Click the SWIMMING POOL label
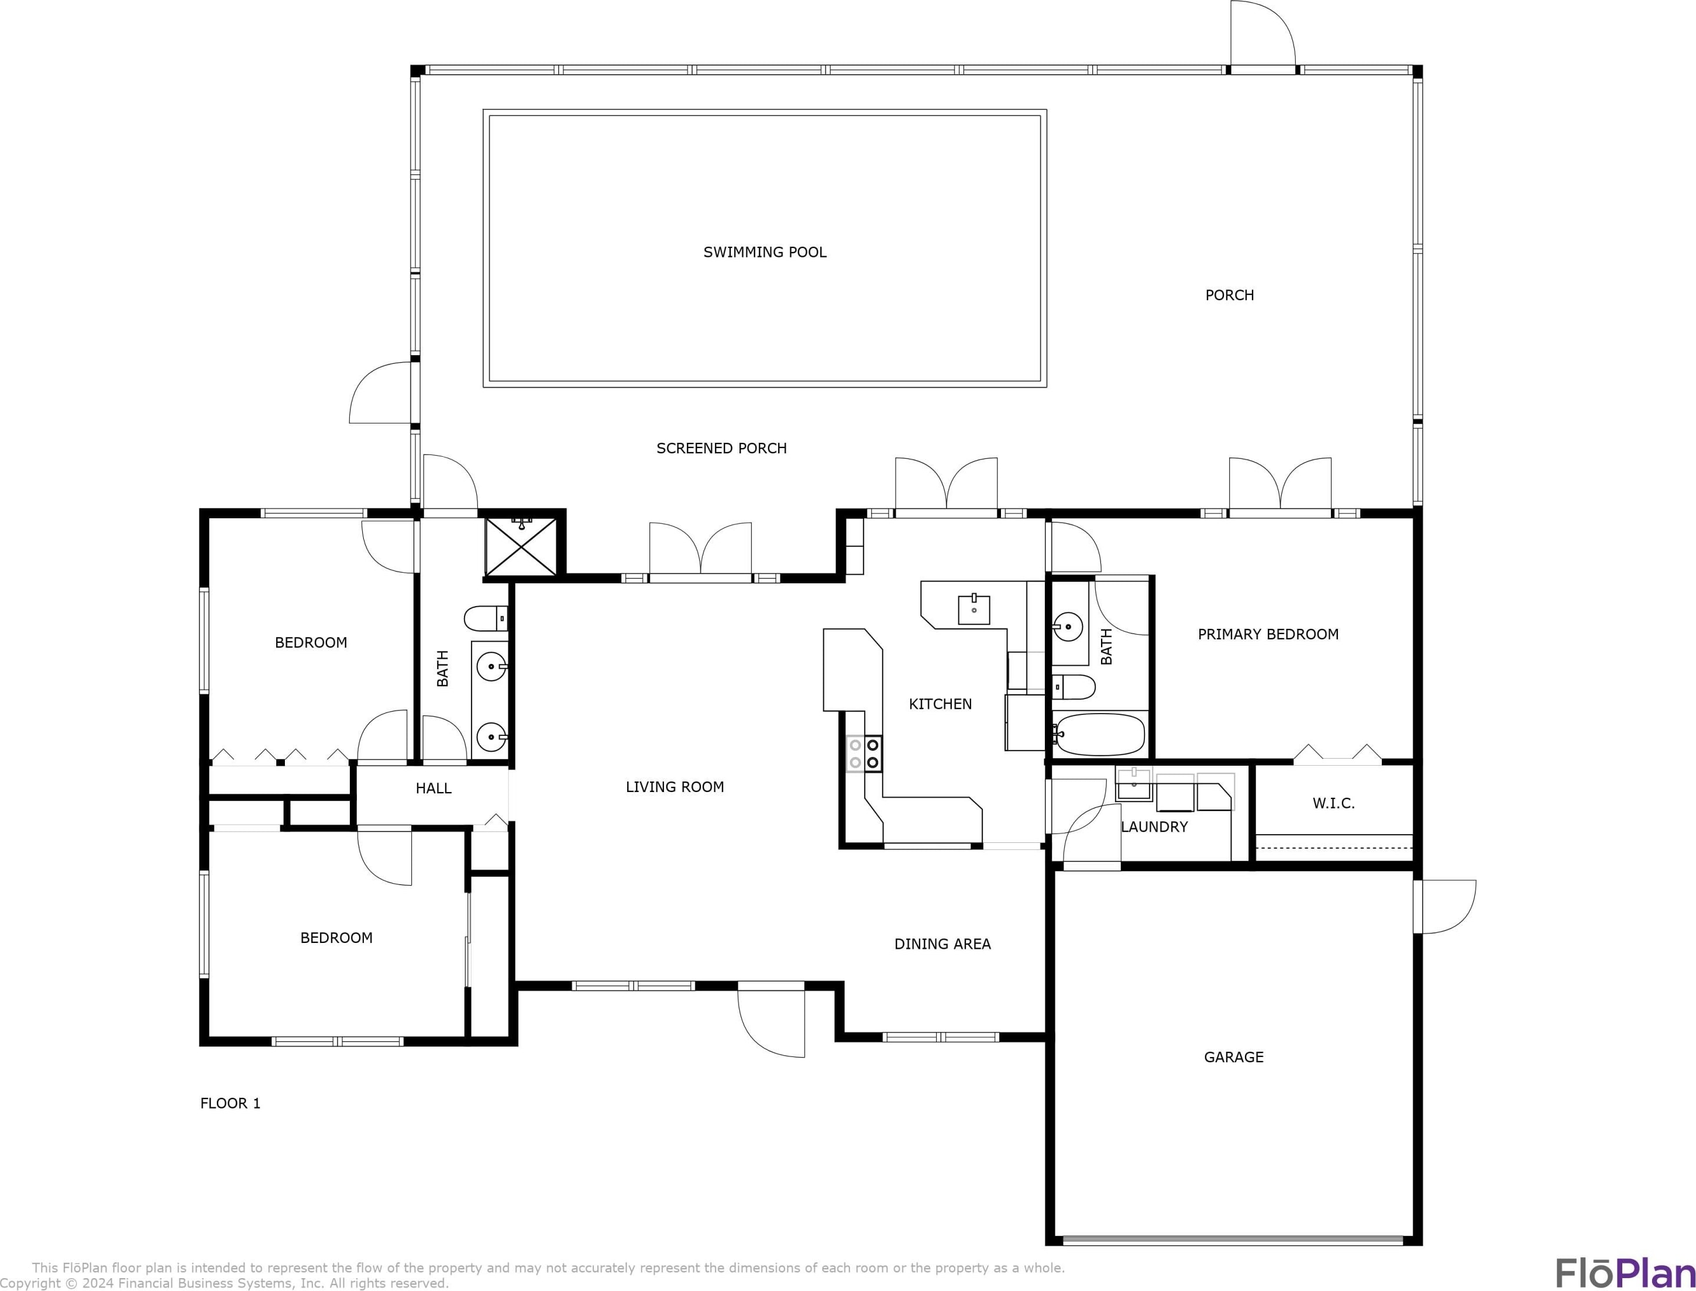point(765,252)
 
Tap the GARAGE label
point(1233,1056)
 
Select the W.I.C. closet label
point(1333,803)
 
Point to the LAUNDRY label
point(1154,827)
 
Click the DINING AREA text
point(942,944)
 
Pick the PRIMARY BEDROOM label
point(1268,634)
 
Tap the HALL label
point(434,788)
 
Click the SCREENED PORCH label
point(721,448)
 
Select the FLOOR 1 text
point(231,1103)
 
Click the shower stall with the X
point(522,546)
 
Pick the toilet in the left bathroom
point(486,618)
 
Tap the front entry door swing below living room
point(770,1021)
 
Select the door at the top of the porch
point(1263,35)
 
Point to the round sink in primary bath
point(1068,627)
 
